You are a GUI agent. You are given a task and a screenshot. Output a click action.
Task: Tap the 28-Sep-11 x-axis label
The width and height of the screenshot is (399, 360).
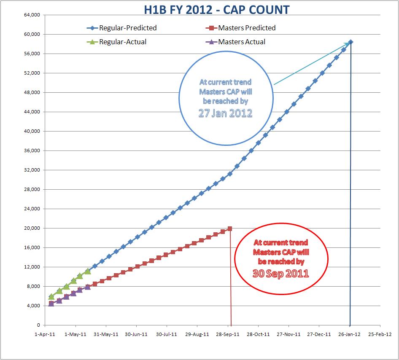click(x=228, y=334)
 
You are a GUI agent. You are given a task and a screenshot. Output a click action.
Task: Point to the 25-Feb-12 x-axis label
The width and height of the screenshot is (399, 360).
click(x=380, y=334)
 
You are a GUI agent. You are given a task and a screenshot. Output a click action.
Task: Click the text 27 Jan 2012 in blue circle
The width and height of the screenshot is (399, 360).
click(x=225, y=113)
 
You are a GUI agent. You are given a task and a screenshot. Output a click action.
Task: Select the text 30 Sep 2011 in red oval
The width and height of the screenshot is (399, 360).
click(x=280, y=273)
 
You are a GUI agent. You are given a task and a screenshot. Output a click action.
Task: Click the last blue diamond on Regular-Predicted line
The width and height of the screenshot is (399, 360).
click(x=350, y=42)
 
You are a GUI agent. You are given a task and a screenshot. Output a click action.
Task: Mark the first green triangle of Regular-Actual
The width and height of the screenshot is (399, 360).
click(x=51, y=296)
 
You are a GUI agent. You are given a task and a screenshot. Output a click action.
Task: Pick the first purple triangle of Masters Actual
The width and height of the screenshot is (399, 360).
click(x=51, y=303)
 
